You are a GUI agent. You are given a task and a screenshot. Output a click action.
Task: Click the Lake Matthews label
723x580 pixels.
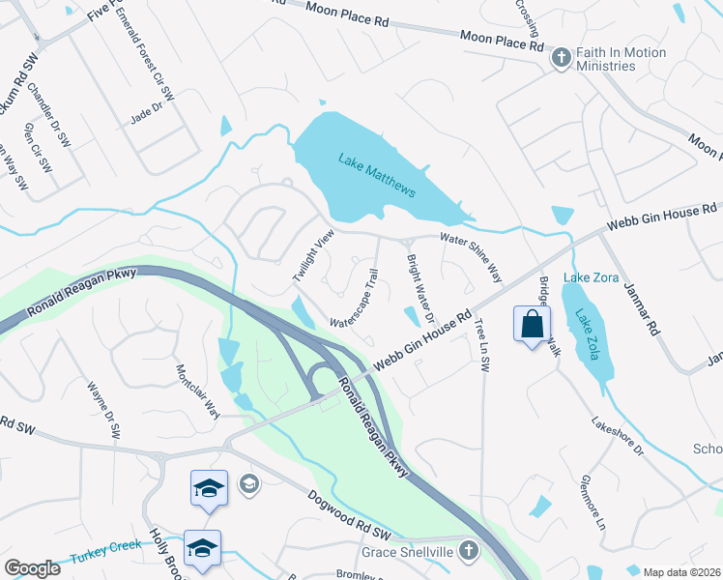[x=377, y=175]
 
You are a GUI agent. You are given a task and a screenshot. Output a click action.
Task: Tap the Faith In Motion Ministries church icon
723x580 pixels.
[x=561, y=59]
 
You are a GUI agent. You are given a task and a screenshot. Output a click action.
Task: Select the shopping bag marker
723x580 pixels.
[x=533, y=324]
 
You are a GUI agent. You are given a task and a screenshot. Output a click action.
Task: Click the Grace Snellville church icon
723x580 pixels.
[x=468, y=552]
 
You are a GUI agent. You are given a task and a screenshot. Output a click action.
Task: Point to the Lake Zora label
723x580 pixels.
[x=589, y=277]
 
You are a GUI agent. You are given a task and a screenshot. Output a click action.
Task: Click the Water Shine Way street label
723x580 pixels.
[x=472, y=256]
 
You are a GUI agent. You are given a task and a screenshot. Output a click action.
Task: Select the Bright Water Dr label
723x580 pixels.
[x=419, y=288]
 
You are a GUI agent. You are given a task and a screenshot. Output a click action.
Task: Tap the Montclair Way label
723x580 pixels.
[x=197, y=391]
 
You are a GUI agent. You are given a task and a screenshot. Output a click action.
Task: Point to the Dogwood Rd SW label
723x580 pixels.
[x=348, y=516]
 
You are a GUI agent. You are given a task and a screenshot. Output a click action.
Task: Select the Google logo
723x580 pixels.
[x=32, y=568]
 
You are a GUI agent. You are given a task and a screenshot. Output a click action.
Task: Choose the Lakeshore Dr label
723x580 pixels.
[x=618, y=436]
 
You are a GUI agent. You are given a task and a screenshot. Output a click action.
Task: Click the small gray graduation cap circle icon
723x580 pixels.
[x=249, y=483]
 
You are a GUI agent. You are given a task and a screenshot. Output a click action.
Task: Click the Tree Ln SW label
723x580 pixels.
[x=482, y=346]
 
